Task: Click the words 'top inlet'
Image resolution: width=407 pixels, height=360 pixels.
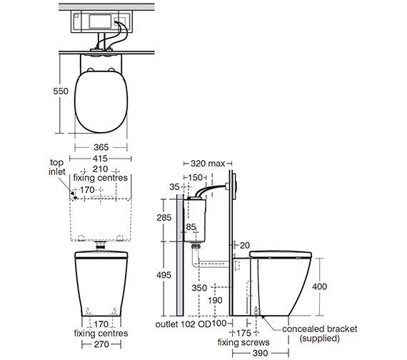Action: (56, 167)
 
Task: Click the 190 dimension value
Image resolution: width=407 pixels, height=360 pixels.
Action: (215, 300)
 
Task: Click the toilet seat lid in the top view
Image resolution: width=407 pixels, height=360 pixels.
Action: (99, 104)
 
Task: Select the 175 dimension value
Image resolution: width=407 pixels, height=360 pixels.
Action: (244, 333)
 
